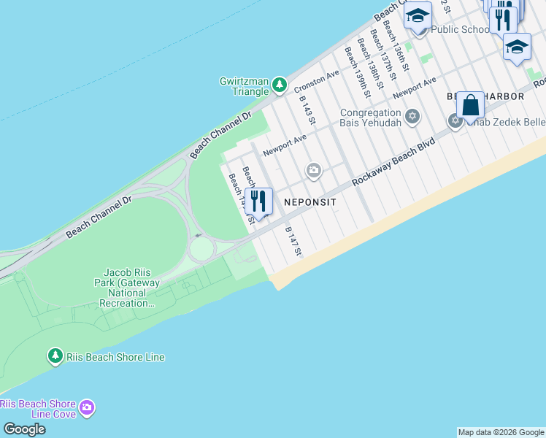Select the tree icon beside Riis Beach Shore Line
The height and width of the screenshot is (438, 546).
tap(55, 356)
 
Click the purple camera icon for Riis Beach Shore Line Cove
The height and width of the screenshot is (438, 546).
tap(87, 407)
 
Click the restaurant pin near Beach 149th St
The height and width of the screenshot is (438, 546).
tap(258, 200)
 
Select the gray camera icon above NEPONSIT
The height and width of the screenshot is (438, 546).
tap(314, 171)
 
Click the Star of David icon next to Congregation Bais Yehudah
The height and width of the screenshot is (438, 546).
tap(412, 116)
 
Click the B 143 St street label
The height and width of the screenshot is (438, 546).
tap(307, 107)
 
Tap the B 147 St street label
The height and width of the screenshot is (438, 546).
tap(293, 241)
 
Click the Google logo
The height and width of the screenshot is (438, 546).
tap(24, 429)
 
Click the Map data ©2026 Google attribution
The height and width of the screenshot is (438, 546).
tap(501, 432)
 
